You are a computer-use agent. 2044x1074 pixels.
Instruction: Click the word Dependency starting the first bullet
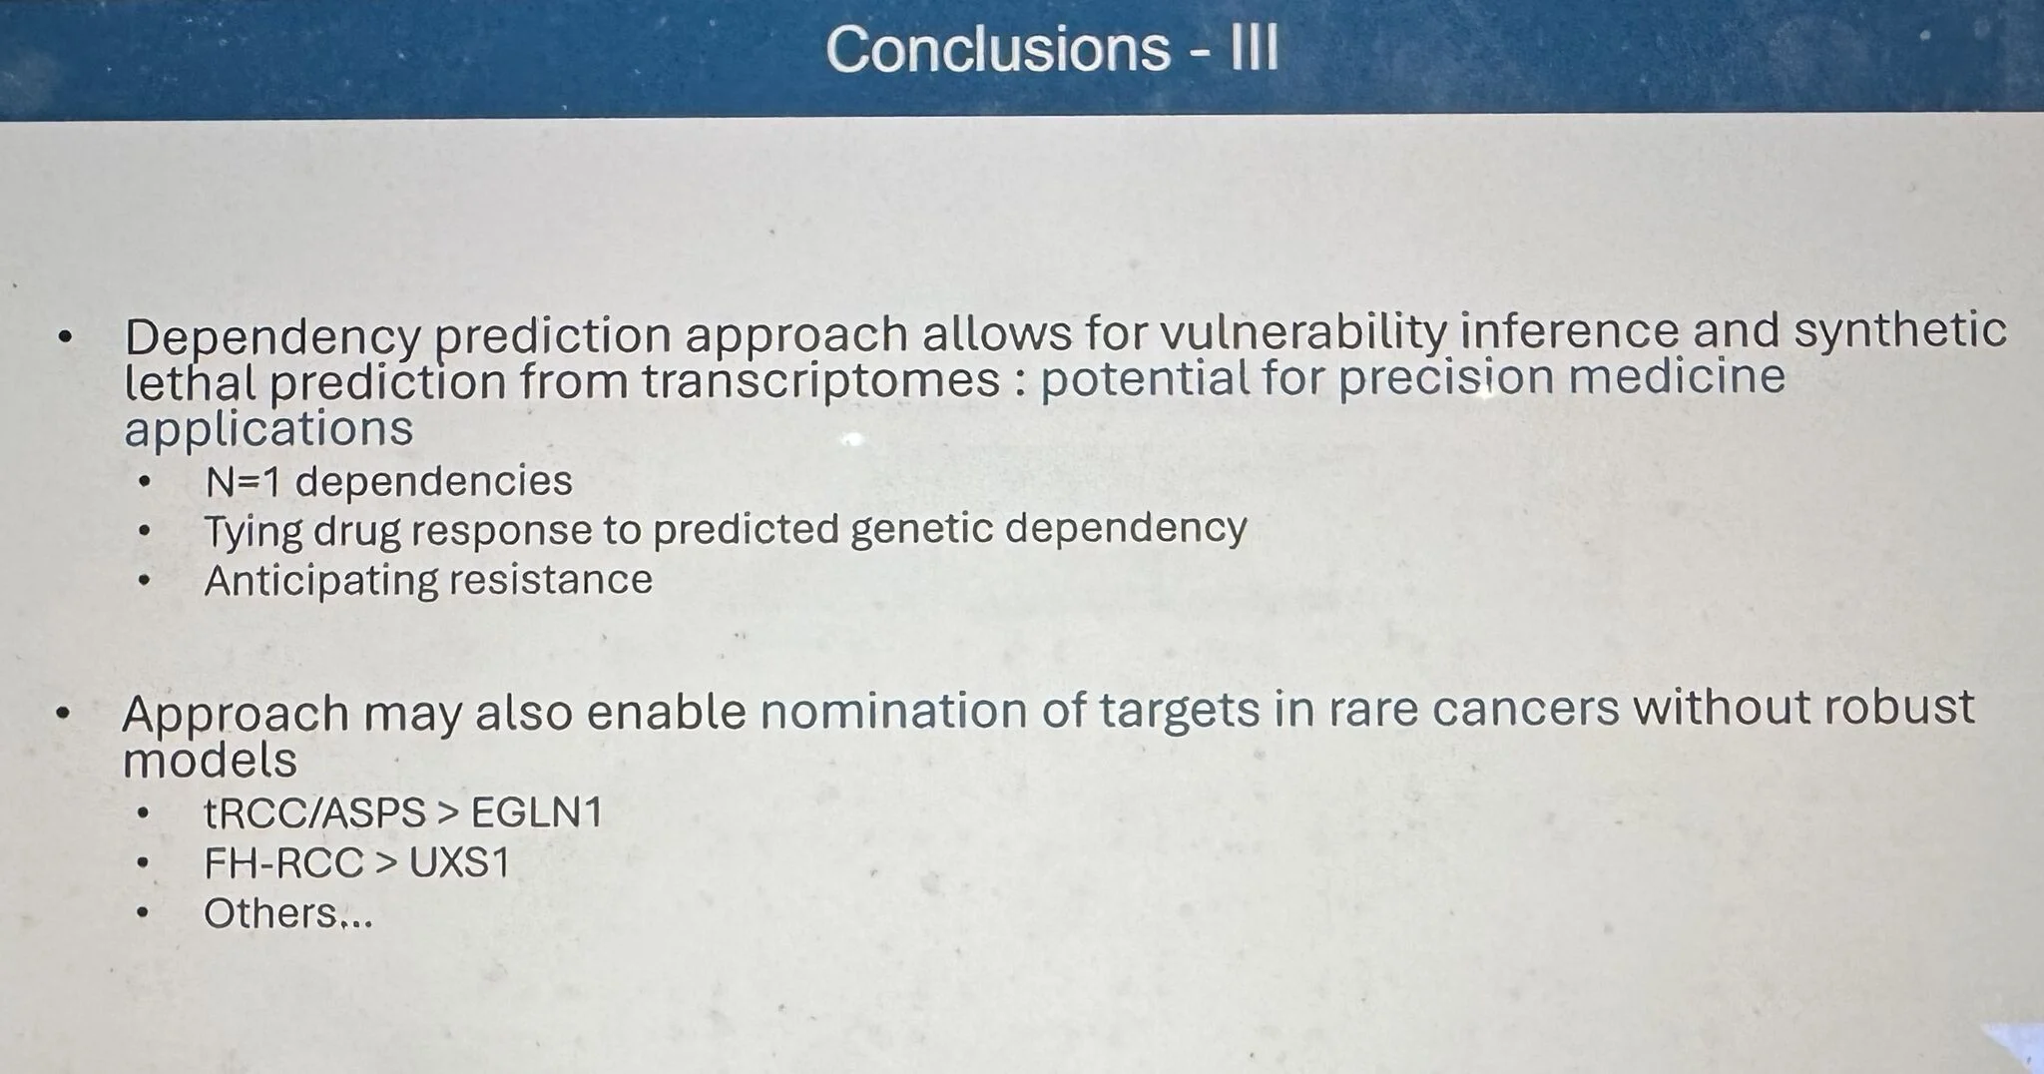point(272,339)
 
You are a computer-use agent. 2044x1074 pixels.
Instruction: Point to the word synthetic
point(1900,329)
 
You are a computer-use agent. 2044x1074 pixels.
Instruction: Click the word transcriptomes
point(820,380)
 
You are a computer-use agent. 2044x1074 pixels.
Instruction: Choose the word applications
point(268,429)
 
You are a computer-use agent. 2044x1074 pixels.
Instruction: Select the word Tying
point(253,532)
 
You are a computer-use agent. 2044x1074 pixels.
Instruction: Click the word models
point(210,761)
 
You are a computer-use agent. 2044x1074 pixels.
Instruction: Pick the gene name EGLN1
point(537,812)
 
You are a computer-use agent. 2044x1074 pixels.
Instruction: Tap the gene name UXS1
point(459,862)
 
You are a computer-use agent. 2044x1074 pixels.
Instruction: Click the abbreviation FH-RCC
point(283,863)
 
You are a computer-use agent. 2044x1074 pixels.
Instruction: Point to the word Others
point(270,913)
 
